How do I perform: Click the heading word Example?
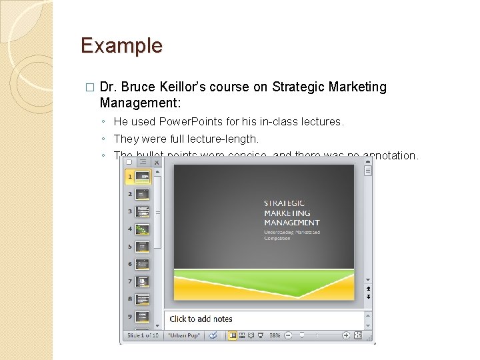coord(121,46)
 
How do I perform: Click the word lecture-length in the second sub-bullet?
coord(225,139)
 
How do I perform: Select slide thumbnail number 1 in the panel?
coord(143,177)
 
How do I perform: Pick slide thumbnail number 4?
coord(143,229)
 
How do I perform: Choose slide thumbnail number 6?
coord(143,264)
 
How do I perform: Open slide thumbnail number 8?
coord(143,299)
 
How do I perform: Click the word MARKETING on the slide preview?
coord(287,213)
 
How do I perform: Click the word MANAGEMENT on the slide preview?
coord(292,223)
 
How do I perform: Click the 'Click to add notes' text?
coord(201,319)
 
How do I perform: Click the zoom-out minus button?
coord(288,335)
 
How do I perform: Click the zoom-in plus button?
coord(347,335)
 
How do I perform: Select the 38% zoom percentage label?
coord(274,335)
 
